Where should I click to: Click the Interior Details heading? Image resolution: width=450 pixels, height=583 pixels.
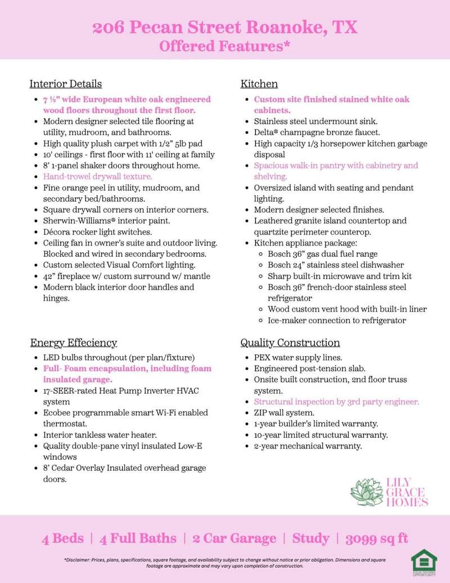65,84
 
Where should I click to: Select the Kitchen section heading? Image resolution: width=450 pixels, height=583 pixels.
259,84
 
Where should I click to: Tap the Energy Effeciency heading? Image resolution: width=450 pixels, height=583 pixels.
73,342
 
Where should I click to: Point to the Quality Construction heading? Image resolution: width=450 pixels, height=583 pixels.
290,342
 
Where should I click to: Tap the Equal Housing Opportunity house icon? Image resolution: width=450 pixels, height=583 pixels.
423,559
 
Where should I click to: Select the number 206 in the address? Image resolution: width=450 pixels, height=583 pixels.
109,28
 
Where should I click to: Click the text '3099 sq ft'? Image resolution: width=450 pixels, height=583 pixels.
378,539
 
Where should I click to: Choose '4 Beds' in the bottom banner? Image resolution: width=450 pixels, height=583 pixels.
62,539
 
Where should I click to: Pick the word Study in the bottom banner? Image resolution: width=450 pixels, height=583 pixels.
310,539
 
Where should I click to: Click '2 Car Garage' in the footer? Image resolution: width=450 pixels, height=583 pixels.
234,539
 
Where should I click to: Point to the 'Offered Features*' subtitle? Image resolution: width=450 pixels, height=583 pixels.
224,46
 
